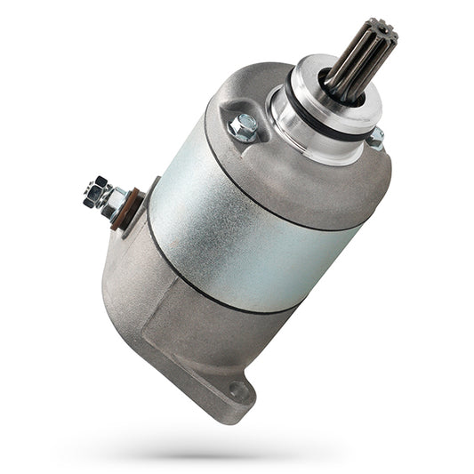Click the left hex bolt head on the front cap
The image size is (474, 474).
(242, 129)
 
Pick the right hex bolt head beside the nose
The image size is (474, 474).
(375, 138)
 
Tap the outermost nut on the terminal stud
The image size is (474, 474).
(94, 190)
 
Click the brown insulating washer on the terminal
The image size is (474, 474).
(130, 208)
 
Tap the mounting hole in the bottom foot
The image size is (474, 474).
(237, 390)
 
